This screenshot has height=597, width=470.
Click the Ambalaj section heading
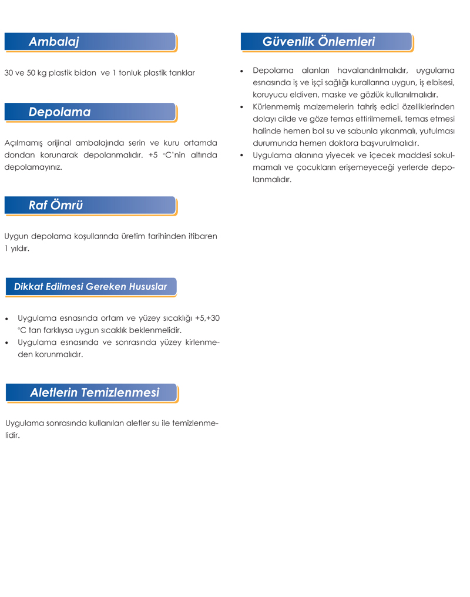coord(54,42)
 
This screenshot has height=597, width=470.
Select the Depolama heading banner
coord(60,112)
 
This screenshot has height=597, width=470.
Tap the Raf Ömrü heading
coord(56,205)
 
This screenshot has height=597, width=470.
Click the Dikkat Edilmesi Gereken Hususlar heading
coord(90,287)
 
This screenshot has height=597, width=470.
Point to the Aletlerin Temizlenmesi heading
coord(95,393)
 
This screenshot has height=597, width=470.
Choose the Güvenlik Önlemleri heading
coord(318,42)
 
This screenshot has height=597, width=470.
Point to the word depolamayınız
coord(33,167)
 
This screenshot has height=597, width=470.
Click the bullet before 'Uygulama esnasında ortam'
coord(6,318)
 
